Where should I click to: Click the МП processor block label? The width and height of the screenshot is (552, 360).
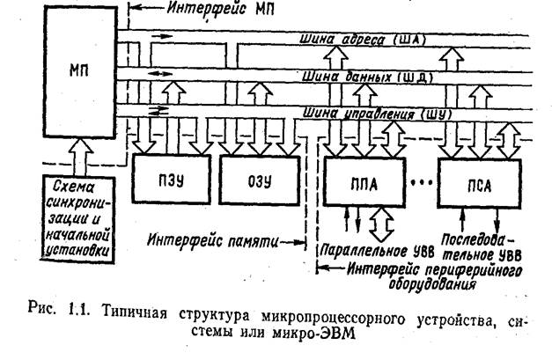coord(79,71)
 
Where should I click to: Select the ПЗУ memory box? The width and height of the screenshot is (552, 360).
coord(172,180)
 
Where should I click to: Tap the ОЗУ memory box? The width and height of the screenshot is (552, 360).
coord(260,180)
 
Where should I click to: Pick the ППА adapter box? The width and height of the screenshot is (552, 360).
coord(364,181)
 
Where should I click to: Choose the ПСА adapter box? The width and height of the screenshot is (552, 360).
coord(480,183)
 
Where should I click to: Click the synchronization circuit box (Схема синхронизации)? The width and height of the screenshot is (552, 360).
coord(77,218)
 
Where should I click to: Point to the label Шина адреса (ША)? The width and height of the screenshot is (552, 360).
coord(363,39)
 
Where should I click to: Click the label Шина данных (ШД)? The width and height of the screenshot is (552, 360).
coord(367,77)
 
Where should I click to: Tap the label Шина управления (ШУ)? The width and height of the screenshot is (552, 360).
coord(378,114)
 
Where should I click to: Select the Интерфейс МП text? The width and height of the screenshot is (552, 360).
coord(221,8)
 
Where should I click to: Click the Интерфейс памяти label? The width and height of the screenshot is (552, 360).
coord(213,240)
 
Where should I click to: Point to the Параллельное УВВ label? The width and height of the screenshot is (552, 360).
coord(377,251)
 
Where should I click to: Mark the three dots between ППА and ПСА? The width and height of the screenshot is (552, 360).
coord(422,182)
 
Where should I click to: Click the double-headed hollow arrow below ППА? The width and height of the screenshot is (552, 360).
coord(381,224)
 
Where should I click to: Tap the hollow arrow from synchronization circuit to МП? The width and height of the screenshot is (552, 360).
coord(80,157)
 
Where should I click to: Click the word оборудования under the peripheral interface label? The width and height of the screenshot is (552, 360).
coord(432,284)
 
